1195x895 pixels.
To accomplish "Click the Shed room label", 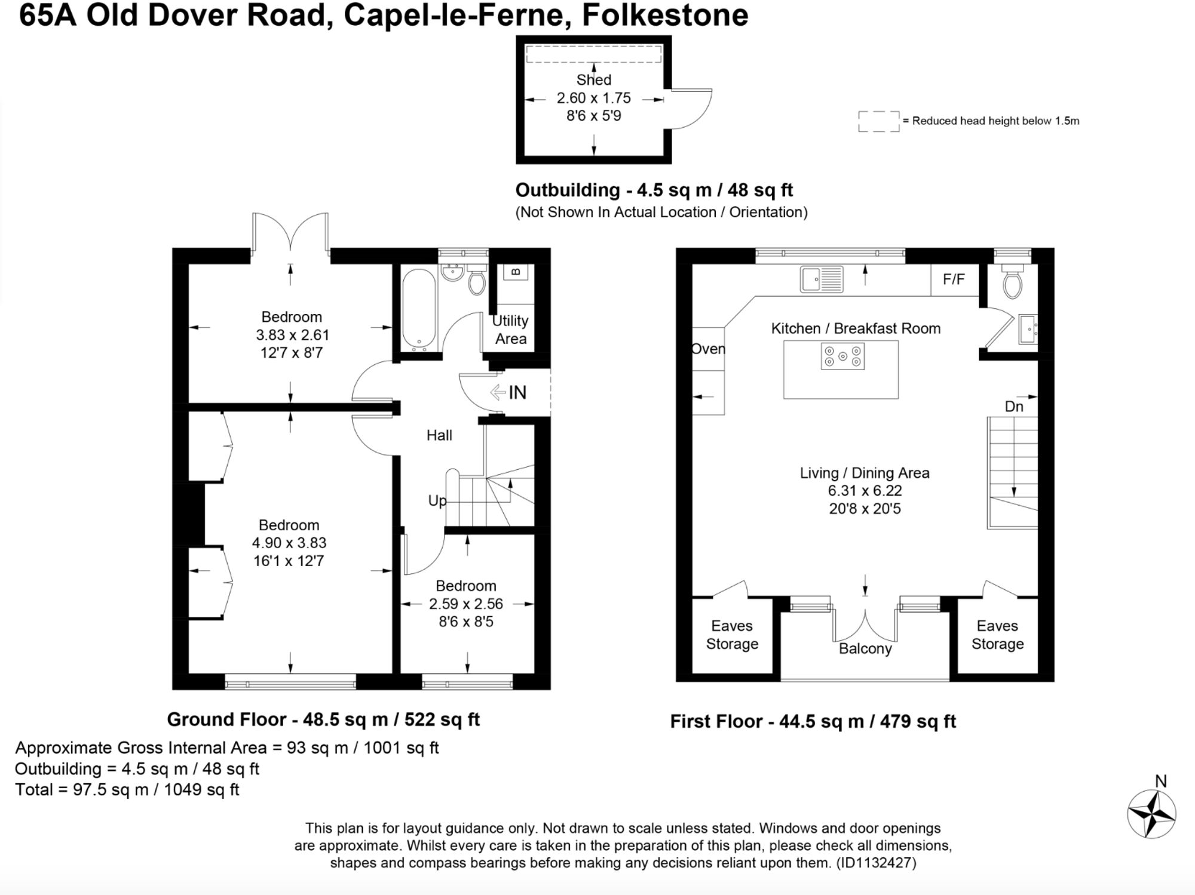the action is pyautogui.click(x=593, y=80).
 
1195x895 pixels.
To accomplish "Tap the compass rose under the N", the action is pyautogui.click(x=1151, y=814).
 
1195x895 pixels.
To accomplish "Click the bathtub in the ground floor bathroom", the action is pyautogui.click(x=419, y=309).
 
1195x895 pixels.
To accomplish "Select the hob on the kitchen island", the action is pyautogui.click(x=842, y=356).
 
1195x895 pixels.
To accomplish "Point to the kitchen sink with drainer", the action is pyautogui.click(x=822, y=279).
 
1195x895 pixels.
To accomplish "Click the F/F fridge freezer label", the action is pyautogui.click(x=954, y=279).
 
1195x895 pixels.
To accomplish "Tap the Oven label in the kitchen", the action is pyautogui.click(x=708, y=349).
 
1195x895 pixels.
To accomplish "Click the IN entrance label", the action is pyautogui.click(x=517, y=392).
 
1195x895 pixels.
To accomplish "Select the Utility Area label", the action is pyautogui.click(x=510, y=330).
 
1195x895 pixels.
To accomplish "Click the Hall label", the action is pyautogui.click(x=439, y=435).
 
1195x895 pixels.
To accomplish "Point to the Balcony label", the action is pyautogui.click(x=865, y=648).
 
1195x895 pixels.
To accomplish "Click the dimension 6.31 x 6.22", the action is pyautogui.click(x=865, y=491).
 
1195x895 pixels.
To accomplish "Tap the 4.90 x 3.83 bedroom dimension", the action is pyautogui.click(x=289, y=543).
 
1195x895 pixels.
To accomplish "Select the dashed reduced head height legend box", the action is pyautogui.click(x=879, y=121).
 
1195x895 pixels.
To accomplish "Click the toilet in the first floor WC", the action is pyautogui.click(x=1013, y=282).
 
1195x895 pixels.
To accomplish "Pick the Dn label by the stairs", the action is pyautogui.click(x=1014, y=407).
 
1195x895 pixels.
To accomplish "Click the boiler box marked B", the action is pyautogui.click(x=516, y=272).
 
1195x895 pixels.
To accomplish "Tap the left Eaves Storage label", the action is pyautogui.click(x=732, y=635).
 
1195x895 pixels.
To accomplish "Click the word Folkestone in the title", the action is pyautogui.click(x=665, y=15).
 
